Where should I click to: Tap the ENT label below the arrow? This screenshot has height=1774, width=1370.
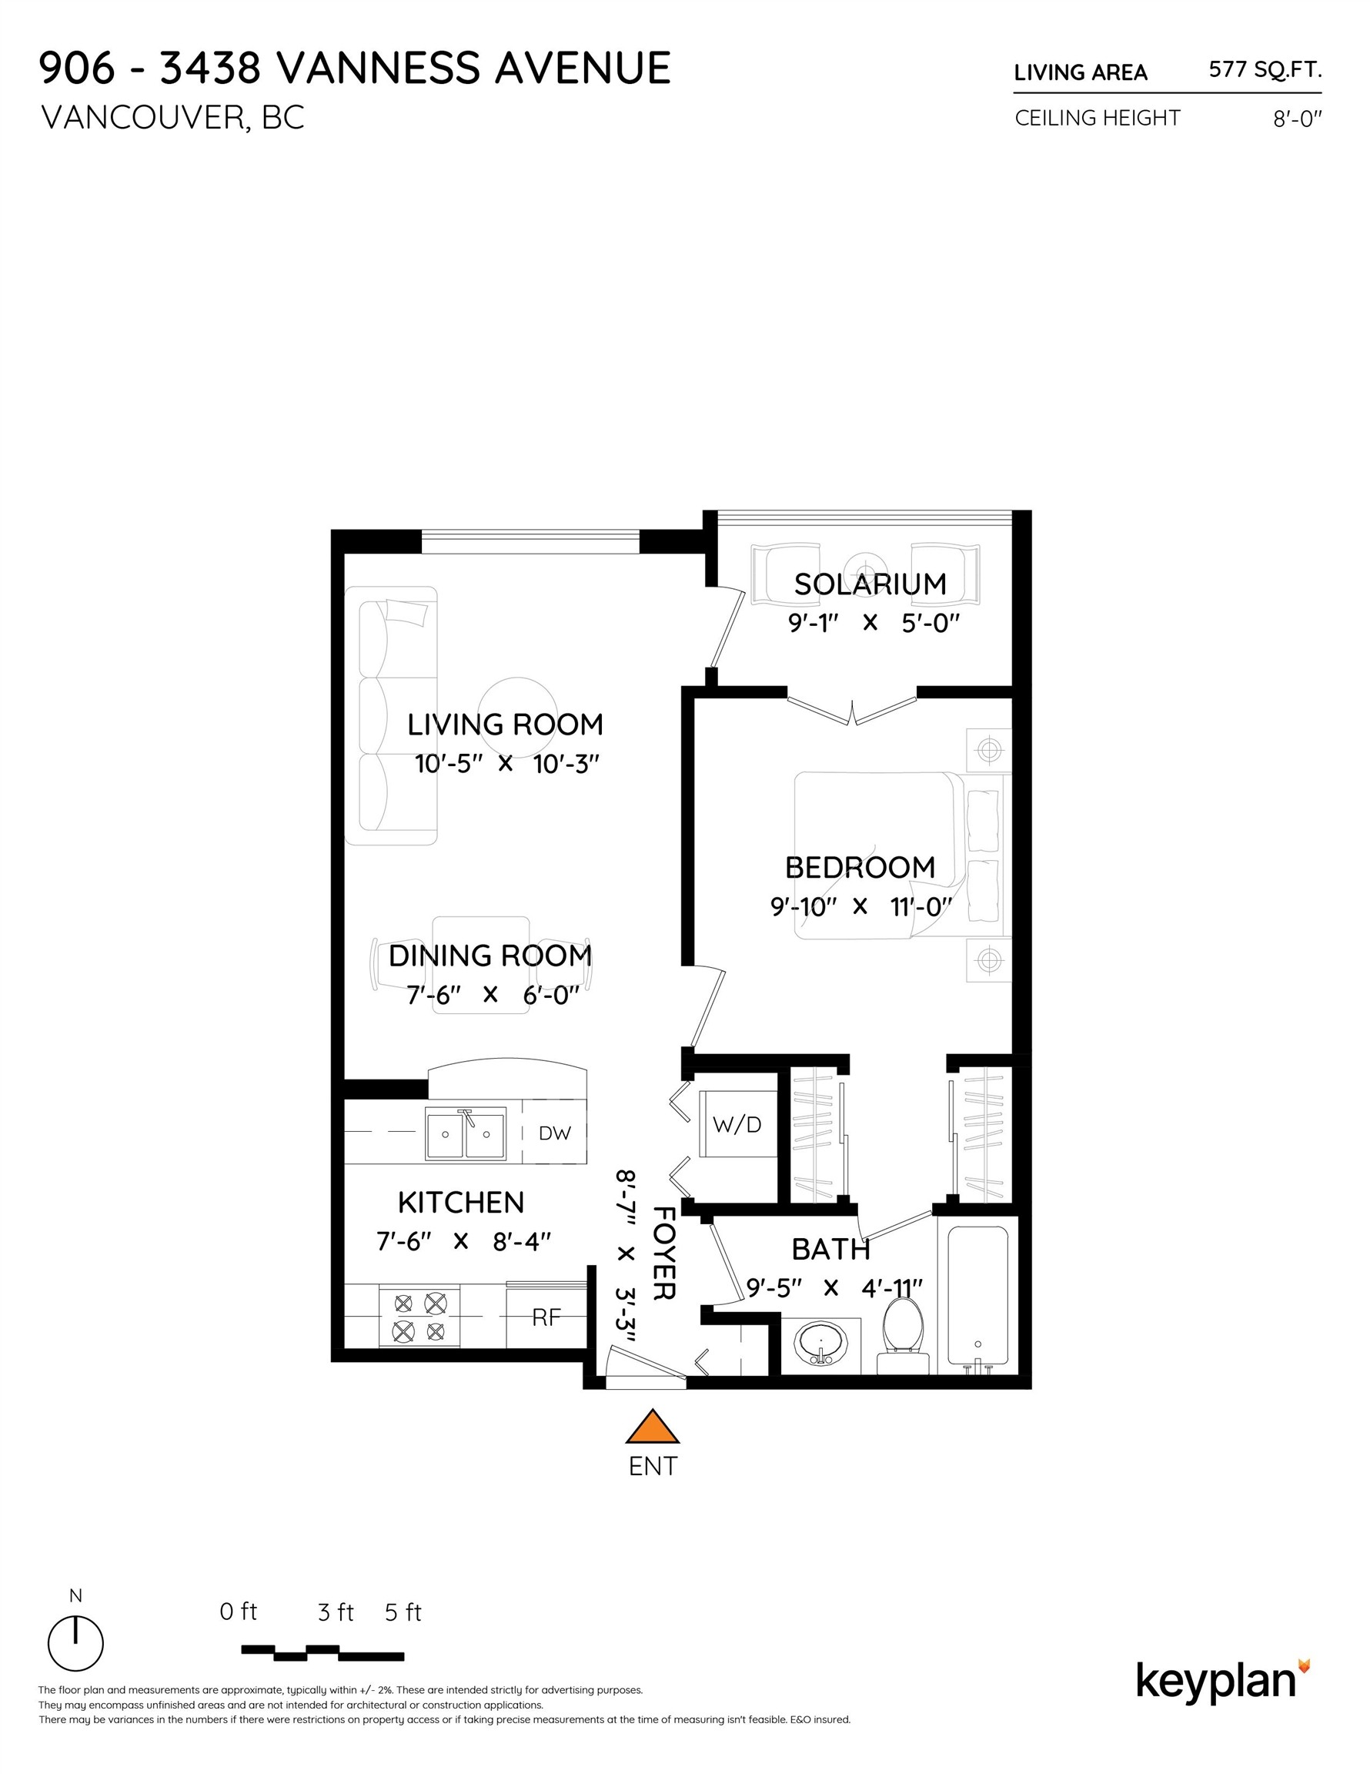(653, 1466)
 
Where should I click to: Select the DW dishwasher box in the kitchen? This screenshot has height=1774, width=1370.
(554, 1133)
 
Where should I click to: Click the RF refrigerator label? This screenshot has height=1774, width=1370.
(546, 1317)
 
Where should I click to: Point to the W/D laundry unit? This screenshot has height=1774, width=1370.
(737, 1124)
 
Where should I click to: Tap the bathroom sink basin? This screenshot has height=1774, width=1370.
(820, 1341)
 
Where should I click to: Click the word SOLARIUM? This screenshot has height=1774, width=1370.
(870, 584)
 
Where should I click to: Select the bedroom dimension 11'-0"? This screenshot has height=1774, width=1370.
(921, 906)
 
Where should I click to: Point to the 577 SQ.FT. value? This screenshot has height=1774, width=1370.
(1265, 70)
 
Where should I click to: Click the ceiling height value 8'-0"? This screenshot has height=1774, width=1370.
(1298, 119)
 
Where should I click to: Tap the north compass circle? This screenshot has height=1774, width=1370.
(75, 1643)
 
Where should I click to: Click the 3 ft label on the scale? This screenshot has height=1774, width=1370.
(336, 1612)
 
